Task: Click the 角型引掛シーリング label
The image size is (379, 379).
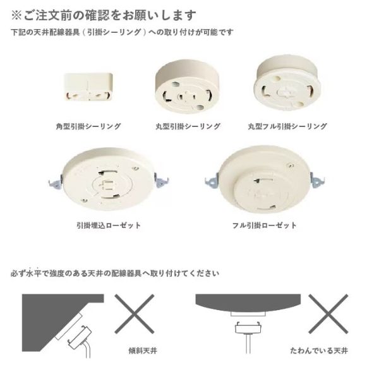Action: pos(88,126)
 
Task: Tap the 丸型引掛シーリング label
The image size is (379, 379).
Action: pos(188,126)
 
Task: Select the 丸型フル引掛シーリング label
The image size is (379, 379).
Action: pos(287,126)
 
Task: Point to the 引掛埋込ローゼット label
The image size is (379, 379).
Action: pos(109,226)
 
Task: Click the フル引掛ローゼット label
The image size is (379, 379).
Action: pos(264,226)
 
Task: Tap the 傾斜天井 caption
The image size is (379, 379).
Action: pos(143,351)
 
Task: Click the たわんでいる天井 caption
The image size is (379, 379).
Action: pos(319,351)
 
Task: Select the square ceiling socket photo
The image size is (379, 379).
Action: pos(88,87)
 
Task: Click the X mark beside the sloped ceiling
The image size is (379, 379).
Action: pos(135,314)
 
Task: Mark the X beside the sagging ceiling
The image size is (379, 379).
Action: pos(328,314)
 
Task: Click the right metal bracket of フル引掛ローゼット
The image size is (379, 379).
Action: pos(317,180)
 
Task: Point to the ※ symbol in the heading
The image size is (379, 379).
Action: pos(16,15)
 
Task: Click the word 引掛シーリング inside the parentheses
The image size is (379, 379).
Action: pos(114,32)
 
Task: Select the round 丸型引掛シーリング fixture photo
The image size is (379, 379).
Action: pos(187,87)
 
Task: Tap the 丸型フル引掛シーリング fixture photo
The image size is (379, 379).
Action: pos(288,83)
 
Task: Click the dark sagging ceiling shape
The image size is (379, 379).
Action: pos(248,303)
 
